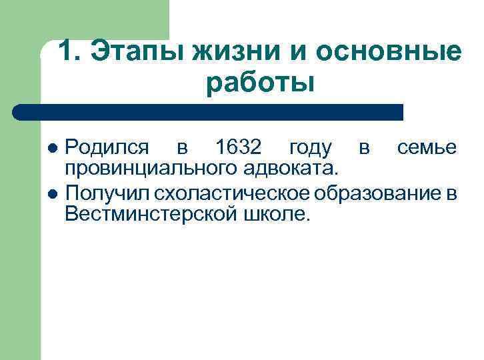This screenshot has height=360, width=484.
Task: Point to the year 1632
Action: click(x=240, y=147)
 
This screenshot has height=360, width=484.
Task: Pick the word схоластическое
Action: click(x=230, y=195)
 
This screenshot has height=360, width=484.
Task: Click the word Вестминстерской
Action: click(x=147, y=213)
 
